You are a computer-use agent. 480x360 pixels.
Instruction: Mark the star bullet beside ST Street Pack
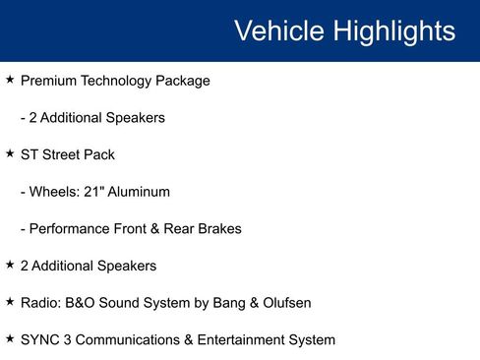pos(10,153)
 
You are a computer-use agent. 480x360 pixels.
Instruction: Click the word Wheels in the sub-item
pos(53,192)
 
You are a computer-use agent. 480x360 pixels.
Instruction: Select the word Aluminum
pos(139,192)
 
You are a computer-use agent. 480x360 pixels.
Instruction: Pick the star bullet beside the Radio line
pos(10,302)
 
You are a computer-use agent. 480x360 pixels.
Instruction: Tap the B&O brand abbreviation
pos(86,303)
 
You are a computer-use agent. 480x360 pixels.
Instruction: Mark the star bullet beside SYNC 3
pos(10,339)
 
